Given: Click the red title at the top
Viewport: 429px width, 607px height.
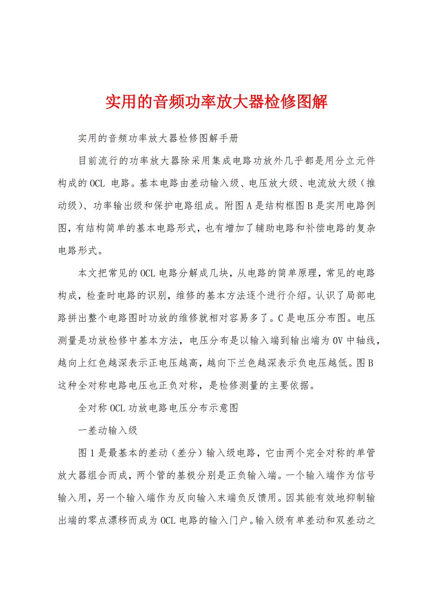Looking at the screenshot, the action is pyautogui.click(x=216, y=101).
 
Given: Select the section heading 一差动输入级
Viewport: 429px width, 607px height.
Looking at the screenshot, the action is pyautogui.click(x=108, y=430).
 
